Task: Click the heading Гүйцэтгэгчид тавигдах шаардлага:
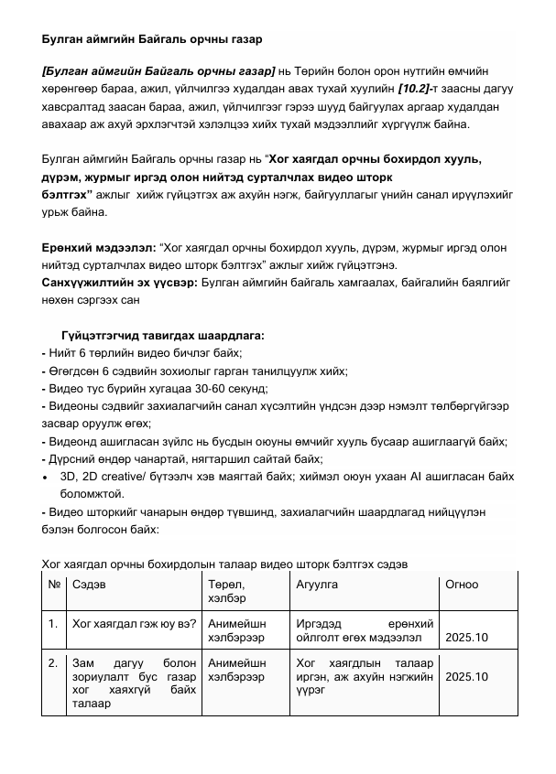(x=162, y=336)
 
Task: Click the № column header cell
(x=54, y=585)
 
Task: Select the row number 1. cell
(x=55, y=625)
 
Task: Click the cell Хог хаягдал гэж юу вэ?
(x=134, y=625)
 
